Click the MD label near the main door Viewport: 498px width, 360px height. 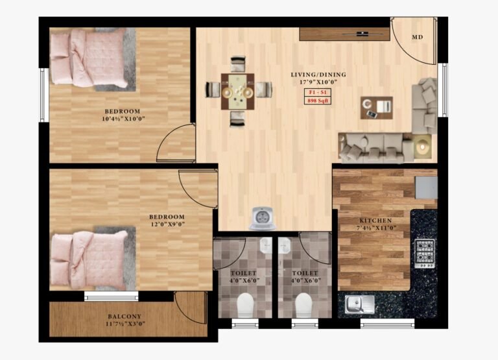[x=418, y=37]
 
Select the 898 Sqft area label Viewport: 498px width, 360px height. [x=318, y=101]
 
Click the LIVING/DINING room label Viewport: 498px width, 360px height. [x=318, y=75]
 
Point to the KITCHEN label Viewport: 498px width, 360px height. [x=375, y=220]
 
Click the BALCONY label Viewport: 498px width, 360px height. [x=124, y=317]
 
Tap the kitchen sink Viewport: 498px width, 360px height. [x=360, y=304]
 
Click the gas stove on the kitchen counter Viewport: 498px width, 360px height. [x=425, y=254]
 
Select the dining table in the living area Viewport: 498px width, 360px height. [x=238, y=91]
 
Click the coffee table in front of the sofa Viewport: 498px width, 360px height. [x=376, y=108]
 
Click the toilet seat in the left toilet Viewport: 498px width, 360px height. [x=245, y=305]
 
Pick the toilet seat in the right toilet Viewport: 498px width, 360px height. [x=303, y=305]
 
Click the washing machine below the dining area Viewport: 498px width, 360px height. [x=263, y=218]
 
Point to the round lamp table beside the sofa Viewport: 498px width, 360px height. [x=422, y=146]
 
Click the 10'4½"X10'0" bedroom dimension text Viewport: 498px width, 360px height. [x=124, y=119]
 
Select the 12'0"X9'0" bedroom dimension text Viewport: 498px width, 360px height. [x=167, y=224]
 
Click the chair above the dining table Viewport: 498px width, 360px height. [x=238, y=64]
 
